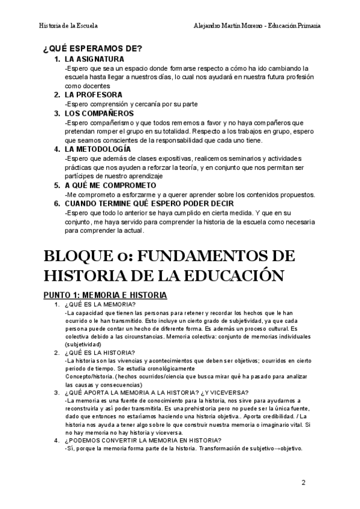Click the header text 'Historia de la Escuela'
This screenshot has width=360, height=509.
(68, 26)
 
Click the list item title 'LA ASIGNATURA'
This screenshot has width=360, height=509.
(94, 59)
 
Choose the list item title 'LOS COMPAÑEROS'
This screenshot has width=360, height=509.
(99, 113)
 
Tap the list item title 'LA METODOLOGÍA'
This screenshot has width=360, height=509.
(97, 148)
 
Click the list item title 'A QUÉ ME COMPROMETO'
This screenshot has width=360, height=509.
(110, 185)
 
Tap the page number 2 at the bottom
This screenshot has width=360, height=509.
(303, 482)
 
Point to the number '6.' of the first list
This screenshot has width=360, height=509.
(57, 203)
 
